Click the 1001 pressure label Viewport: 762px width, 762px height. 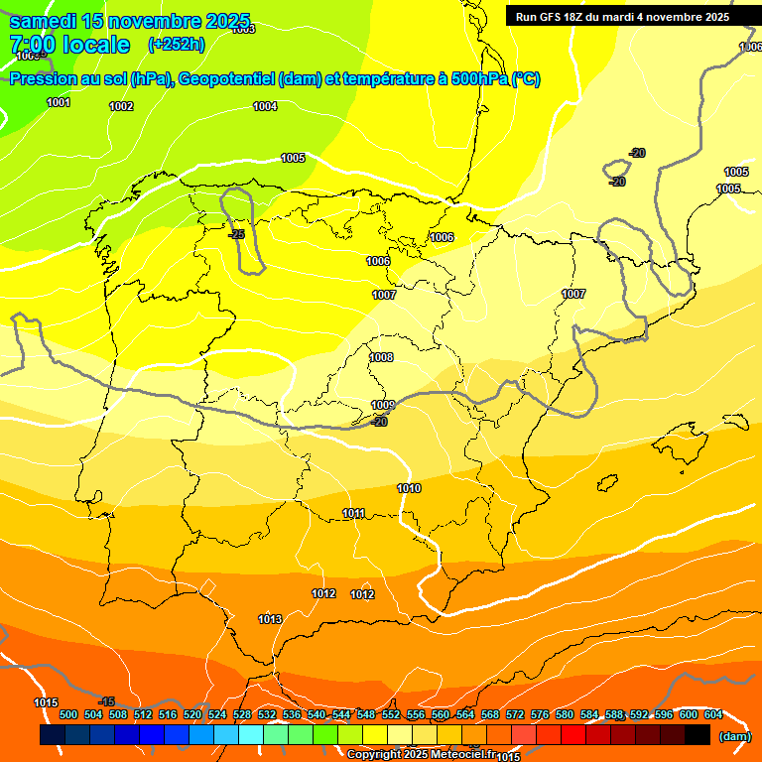(x=59, y=103)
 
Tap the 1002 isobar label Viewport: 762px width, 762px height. (x=121, y=106)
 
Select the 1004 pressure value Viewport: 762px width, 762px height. (x=265, y=106)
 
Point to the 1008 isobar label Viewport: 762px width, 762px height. (x=381, y=358)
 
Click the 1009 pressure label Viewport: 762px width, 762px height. (x=383, y=405)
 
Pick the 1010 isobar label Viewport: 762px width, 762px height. (x=409, y=488)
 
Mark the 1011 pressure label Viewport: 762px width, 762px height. (x=353, y=513)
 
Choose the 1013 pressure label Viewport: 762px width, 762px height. (x=270, y=619)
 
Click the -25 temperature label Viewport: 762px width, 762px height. (x=236, y=235)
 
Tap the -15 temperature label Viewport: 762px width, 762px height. (x=107, y=701)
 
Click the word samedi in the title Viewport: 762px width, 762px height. (x=44, y=21)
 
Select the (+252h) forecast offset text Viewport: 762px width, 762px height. (x=176, y=45)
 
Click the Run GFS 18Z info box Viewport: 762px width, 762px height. (x=622, y=17)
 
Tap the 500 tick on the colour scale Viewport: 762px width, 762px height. (x=68, y=714)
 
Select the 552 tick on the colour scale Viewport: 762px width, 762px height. (x=391, y=714)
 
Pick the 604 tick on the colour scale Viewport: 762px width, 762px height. (x=713, y=714)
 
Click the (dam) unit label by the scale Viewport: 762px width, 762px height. (x=734, y=736)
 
